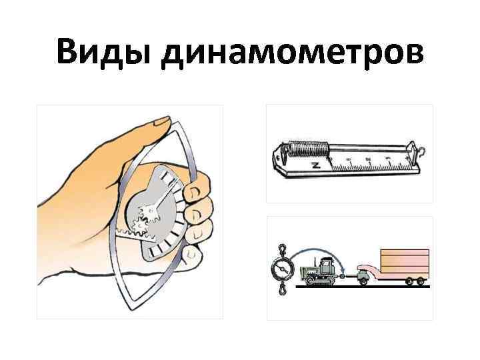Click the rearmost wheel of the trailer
tap(421, 282)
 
